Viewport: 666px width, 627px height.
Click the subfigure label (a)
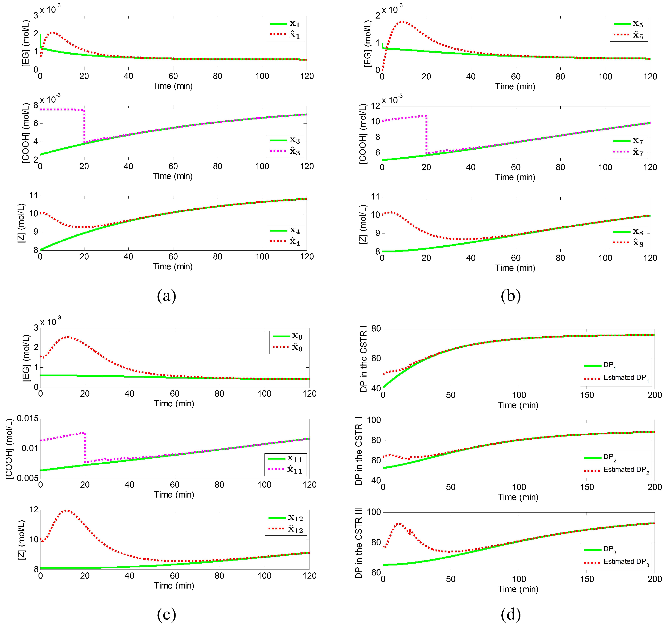click(x=166, y=296)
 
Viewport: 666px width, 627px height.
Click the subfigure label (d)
click(x=510, y=614)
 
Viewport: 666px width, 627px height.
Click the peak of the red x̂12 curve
click(x=66, y=510)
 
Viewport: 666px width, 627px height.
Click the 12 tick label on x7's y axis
click(x=376, y=106)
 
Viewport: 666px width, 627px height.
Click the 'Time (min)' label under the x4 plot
click(x=172, y=267)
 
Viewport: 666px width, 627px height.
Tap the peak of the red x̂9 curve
click(x=68, y=337)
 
